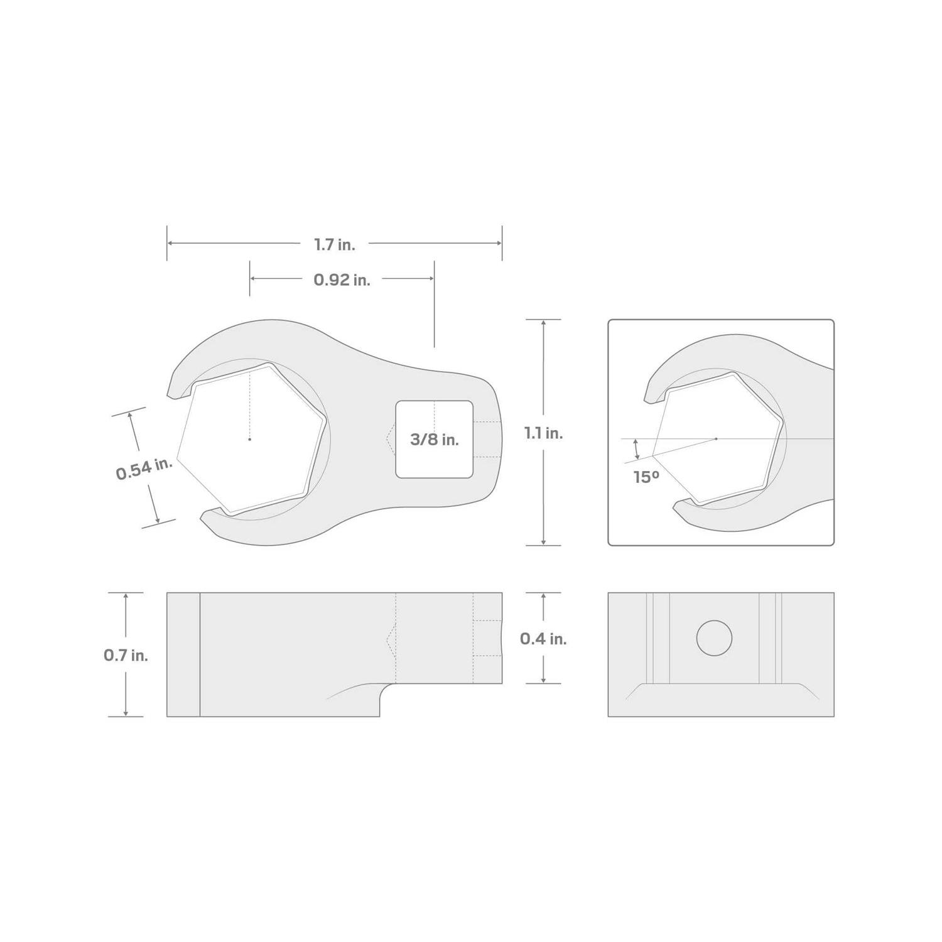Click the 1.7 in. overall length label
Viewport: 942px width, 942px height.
335,245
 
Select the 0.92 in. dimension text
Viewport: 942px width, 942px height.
342,279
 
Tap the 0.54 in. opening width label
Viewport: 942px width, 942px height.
144,469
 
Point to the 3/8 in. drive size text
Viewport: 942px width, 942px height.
434,440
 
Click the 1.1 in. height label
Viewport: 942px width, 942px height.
543,433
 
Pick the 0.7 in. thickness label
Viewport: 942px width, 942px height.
126,655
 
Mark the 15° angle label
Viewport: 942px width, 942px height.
646,477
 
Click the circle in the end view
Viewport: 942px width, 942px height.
714,638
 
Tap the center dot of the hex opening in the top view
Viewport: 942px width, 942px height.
249,439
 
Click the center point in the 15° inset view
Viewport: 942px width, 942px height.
717,438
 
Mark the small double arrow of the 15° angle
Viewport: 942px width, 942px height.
636,448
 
